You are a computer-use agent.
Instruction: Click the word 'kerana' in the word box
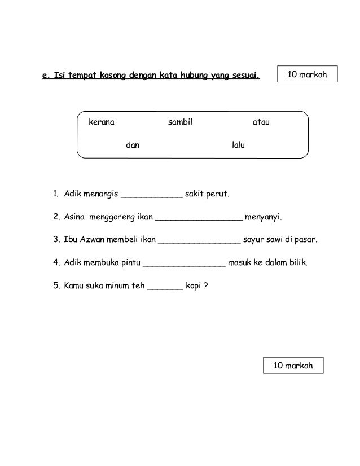click(101, 122)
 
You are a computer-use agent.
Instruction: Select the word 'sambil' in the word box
click(181, 122)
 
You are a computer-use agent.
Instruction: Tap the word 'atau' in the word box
click(260, 122)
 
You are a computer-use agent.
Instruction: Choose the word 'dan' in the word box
click(133, 146)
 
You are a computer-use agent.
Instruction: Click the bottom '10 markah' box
click(293, 366)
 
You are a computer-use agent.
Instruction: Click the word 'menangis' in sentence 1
click(100, 195)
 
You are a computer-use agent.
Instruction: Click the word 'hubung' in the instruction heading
click(193, 74)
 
